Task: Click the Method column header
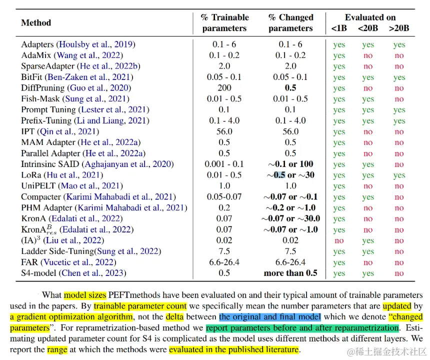(36, 22)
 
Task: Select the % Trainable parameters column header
(224, 23)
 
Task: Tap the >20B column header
(398, 28)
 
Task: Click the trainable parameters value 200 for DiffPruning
(224, 88)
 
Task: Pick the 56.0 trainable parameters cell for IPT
(224, 131)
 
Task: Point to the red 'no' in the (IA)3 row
(339, 240)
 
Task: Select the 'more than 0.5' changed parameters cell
(290, 273)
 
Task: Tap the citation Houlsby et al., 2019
(95, 44)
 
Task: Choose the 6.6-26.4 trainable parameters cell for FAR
(224, 262)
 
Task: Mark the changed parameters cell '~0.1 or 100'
(290, 164)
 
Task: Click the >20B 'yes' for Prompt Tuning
(398, 110)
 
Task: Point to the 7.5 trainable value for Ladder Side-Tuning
(224, 251)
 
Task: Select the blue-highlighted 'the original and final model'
(269, 316)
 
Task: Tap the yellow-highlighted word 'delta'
(174, 316)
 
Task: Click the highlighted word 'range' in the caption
(57, 349)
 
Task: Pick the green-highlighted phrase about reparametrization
(302, 328)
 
